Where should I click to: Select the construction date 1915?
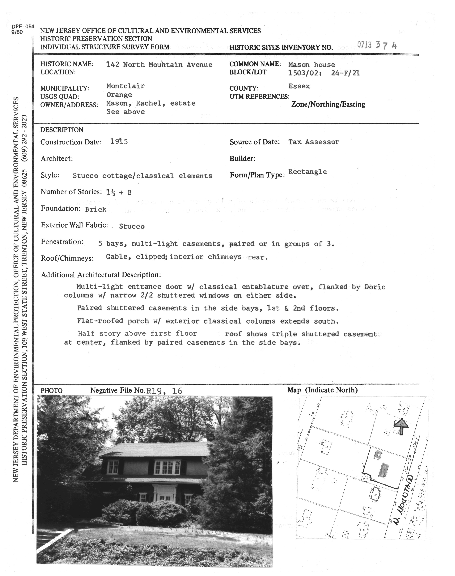pos(119,142)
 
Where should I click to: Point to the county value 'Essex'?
pos(299,86)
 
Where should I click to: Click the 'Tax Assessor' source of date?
pos(314,142)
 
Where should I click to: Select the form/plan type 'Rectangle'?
pos(307,171)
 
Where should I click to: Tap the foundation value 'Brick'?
pos(96,209)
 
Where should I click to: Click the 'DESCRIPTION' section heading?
pos(62,130)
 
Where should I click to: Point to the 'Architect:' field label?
pos(57,159)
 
